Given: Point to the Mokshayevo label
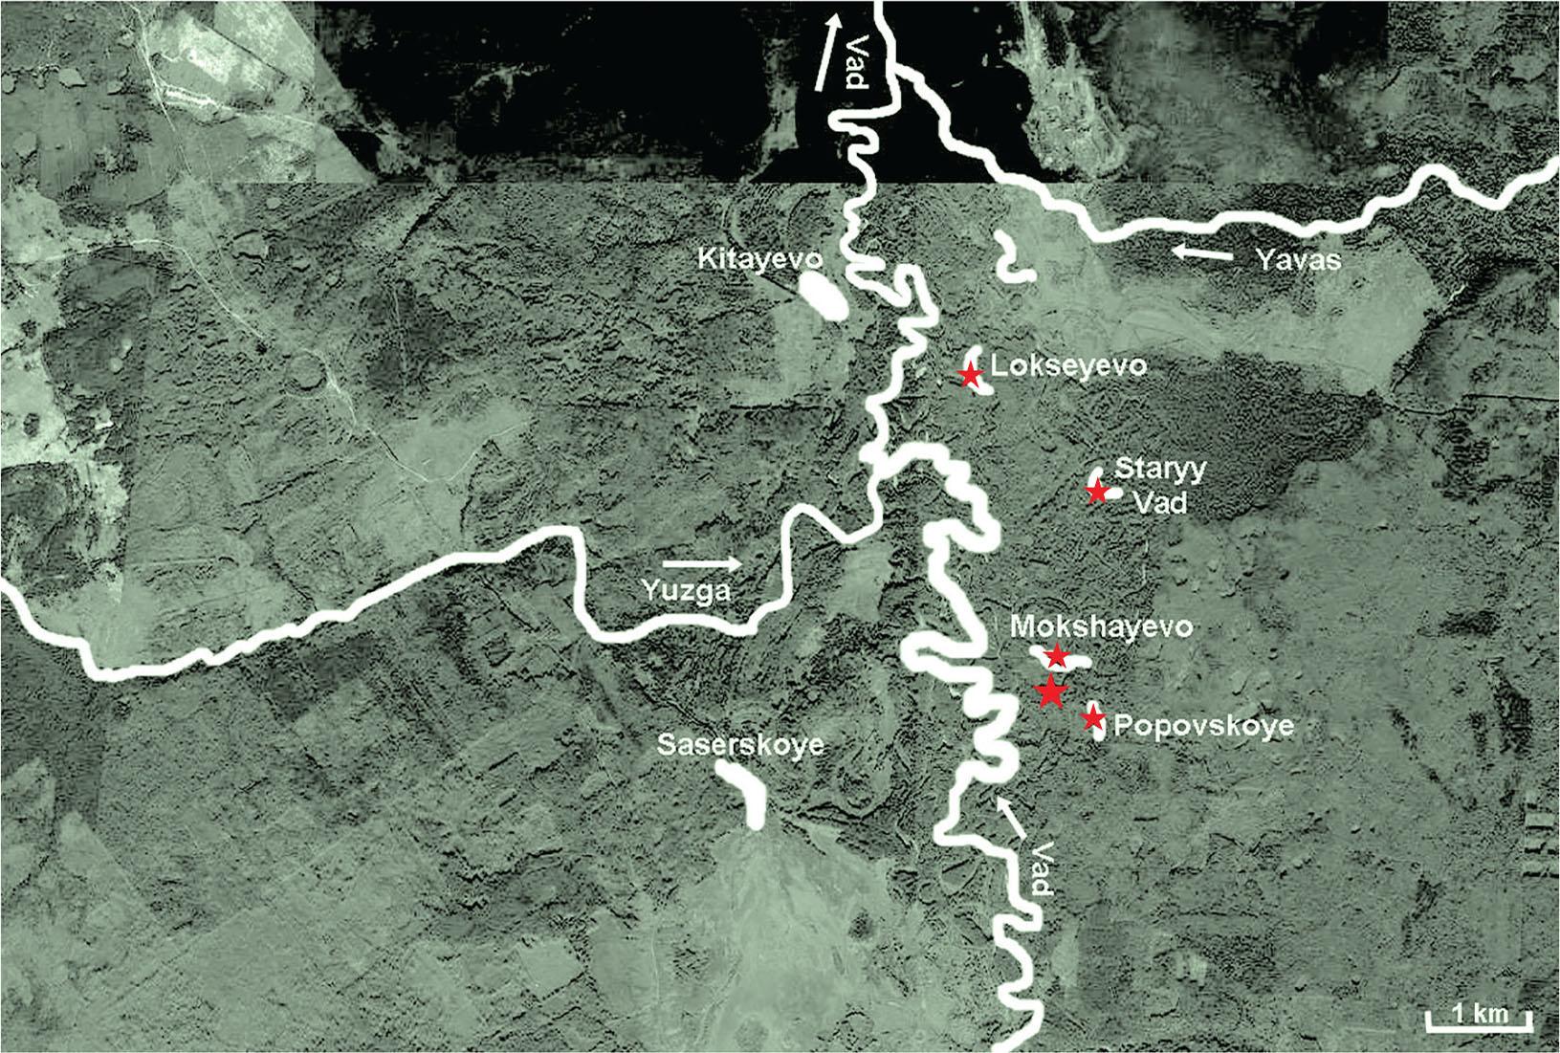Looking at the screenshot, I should coord(1101,628).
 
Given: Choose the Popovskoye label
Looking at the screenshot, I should coord(1204,726).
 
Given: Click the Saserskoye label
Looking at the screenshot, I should coord(740,745).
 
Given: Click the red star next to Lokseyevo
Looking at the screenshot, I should coord(970,374).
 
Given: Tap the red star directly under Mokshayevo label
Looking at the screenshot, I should coord(1056,656).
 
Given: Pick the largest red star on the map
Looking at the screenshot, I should coord(1050,691).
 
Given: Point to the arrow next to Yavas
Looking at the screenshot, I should coord(1205,253).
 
